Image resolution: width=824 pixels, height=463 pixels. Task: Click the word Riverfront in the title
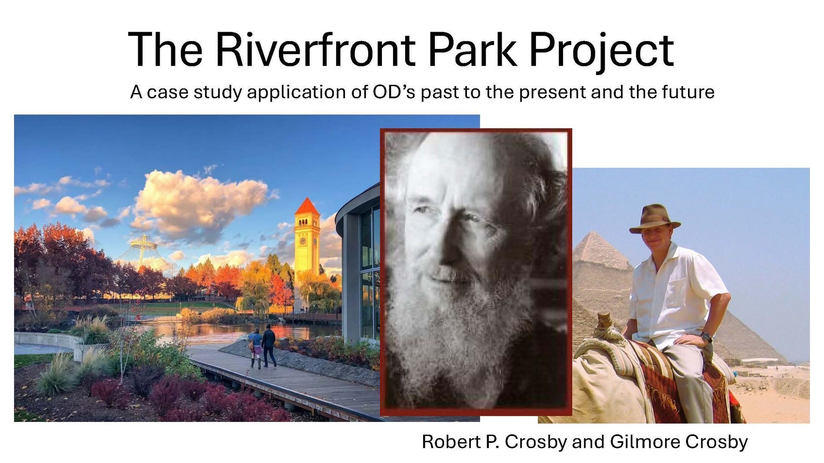315,50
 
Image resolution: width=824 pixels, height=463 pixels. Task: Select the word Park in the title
472,50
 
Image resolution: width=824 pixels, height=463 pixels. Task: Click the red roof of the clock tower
307,207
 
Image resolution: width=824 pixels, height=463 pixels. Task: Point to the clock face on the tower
303,241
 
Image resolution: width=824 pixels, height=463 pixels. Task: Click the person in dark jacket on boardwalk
269,346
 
